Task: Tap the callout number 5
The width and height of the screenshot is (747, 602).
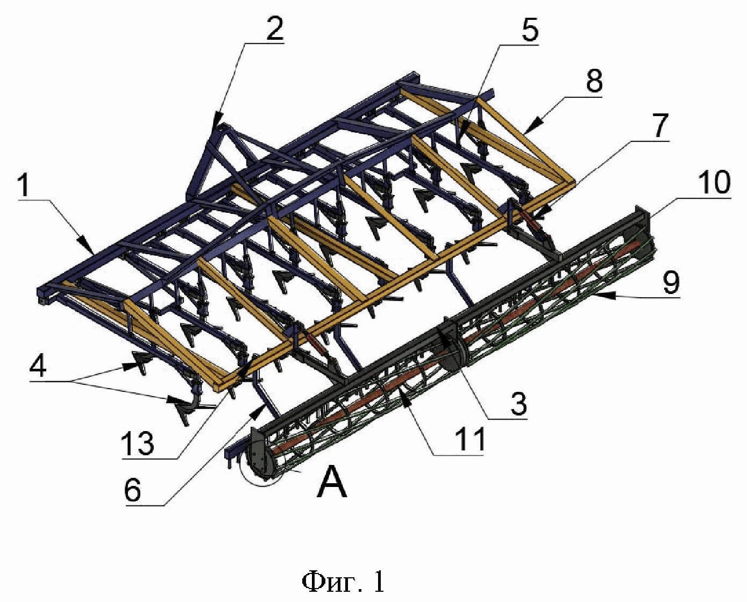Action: (529, 31)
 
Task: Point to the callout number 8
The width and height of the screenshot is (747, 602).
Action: (594, 81)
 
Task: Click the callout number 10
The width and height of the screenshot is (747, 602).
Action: (714, 182)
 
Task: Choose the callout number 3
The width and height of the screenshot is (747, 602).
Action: (517, 403)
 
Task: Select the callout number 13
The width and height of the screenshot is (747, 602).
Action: (137, 443)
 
